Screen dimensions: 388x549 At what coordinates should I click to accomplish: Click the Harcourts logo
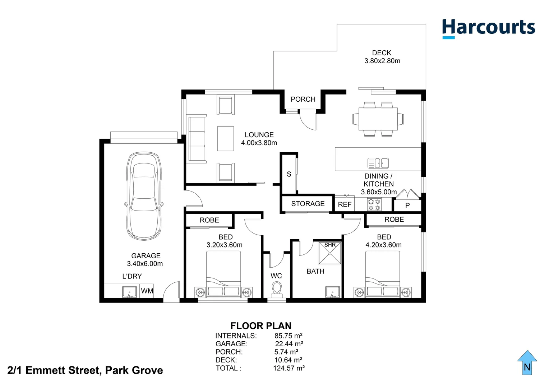[488, 28]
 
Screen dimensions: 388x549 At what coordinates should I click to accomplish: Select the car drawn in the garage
[144, 196]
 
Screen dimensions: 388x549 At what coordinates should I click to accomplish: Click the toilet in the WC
[276, 289]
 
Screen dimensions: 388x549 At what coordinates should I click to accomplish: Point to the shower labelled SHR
[330, 254]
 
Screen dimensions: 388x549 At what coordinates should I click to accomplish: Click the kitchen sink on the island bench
[378, 163]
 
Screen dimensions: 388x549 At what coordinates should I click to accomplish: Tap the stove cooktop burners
[374, 205]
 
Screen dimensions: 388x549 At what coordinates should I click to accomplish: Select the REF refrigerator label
[345, 204]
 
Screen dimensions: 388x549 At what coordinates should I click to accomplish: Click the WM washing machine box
[147, 291]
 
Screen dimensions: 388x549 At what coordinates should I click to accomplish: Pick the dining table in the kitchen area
[378, 119]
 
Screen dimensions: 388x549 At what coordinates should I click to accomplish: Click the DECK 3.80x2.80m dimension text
[382, 61]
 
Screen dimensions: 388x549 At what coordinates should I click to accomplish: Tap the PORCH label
[303, 99]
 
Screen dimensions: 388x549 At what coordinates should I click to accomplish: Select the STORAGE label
[308, 204]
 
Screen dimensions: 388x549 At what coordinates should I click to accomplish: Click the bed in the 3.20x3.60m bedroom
[223, 273]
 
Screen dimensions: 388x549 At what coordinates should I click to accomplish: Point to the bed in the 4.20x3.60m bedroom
[382, 273]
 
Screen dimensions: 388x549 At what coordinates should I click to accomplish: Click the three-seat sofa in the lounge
[197, 139]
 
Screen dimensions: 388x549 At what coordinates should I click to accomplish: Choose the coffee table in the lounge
[225, 139]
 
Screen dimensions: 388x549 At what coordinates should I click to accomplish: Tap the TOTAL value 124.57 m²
[289, 368]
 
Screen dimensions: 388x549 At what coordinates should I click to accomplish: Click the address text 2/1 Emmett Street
[85, 370]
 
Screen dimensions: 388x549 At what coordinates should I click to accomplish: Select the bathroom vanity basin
[332, 292]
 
